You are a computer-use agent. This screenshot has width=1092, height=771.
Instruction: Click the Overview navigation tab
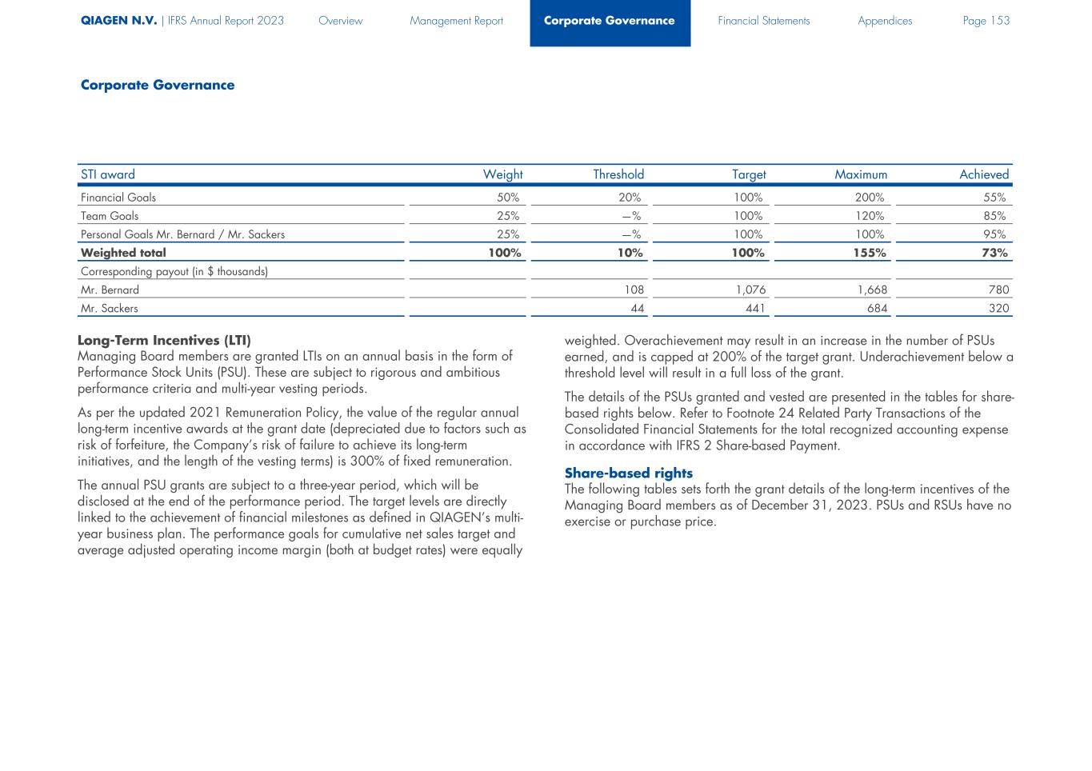pyautogui.click(x=340, y=21)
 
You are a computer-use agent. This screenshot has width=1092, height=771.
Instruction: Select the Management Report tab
pyautogui.click(x=456, y=21)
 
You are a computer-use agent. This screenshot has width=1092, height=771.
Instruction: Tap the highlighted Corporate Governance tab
pyautogui.click(x=610, y=21)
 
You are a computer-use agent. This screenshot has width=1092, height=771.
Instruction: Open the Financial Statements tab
pyautogui.click(x=763, y=21)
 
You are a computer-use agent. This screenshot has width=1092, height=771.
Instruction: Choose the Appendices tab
pyautogui.click(x=885, y=21)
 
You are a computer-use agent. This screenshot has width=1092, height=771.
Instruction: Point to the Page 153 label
pyautogui.click(x=986, y=21)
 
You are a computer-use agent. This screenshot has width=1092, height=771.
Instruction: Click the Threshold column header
pyautogui.click(x=618, y=174)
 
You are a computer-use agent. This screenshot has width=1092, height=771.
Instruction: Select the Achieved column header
pyautogui.click(x=984, y=174)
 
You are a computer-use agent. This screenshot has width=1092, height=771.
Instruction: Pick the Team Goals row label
pyautogui.click(x=110, y=216)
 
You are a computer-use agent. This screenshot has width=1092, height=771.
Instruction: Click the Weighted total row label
pyautogui.click(x=123, y=253)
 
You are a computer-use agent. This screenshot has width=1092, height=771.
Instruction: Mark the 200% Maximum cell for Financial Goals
pyautogui.click(x=870, y=198)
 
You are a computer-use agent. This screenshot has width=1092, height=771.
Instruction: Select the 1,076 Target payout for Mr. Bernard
pyautogui.click(x=750, y=290)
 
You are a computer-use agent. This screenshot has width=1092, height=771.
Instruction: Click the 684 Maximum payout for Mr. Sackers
pyautogui.click(x=877, y=309)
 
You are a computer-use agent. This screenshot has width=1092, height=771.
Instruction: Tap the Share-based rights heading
pyautogui.click(x=628, y=473)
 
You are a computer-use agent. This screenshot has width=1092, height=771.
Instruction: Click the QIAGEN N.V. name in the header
pyautogui.click(x=118, y=21)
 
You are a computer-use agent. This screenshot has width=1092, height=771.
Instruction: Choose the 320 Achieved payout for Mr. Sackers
pyautogui.click(x=998, y=309)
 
